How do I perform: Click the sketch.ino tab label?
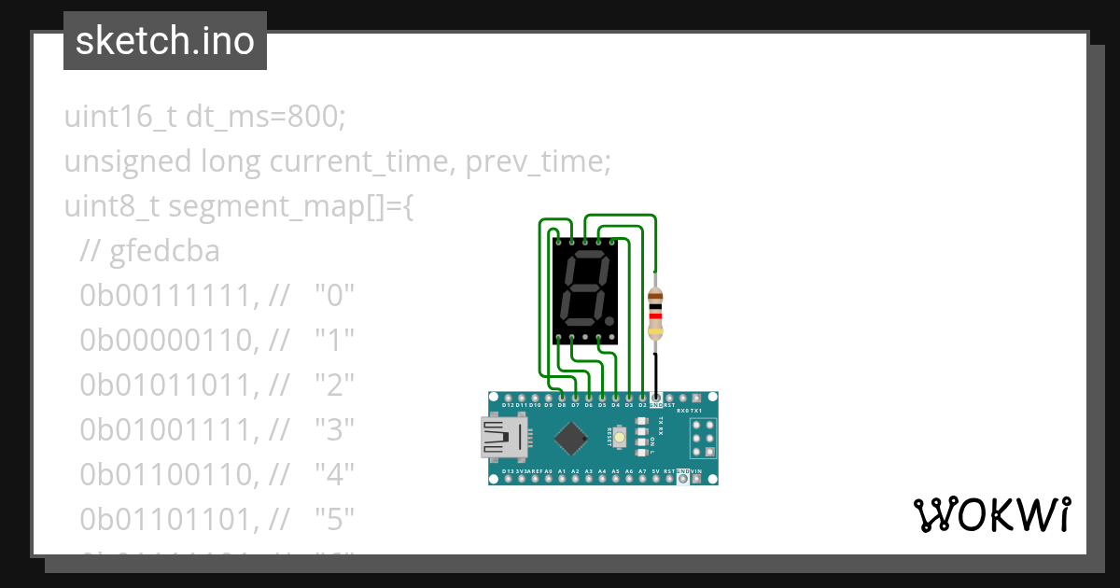pyautogui.click(x=165, y=41)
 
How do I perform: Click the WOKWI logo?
pyautogui.click(x=991, y=514)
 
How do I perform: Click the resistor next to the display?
pyautogui.click(x=655, y=312)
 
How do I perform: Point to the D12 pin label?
pyautogui.click(x=509, y=406)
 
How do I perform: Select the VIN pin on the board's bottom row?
pyautogui.click(x=696, y=472)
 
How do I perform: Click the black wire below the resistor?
pyautogui.click(x=655, y=373)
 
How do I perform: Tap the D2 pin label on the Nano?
pyautogui.click(x=642, y=406)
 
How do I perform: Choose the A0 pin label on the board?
pyautogui.click(x=549, y=472)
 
